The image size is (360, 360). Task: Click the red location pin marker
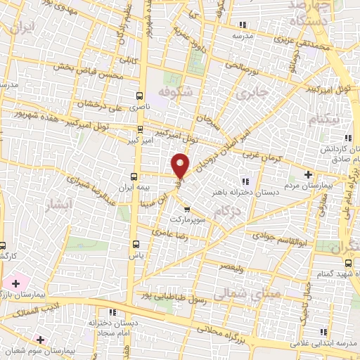coord(180,166)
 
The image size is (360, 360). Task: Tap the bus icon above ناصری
coord(139,96)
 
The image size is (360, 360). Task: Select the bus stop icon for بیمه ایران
coord(135,176)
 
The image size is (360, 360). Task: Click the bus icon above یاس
coord(136,244)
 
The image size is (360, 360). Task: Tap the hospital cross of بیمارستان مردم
coord(307,174)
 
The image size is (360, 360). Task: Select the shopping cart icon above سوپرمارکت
coord(186,210)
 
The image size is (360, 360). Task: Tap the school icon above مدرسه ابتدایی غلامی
coord(323,332)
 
